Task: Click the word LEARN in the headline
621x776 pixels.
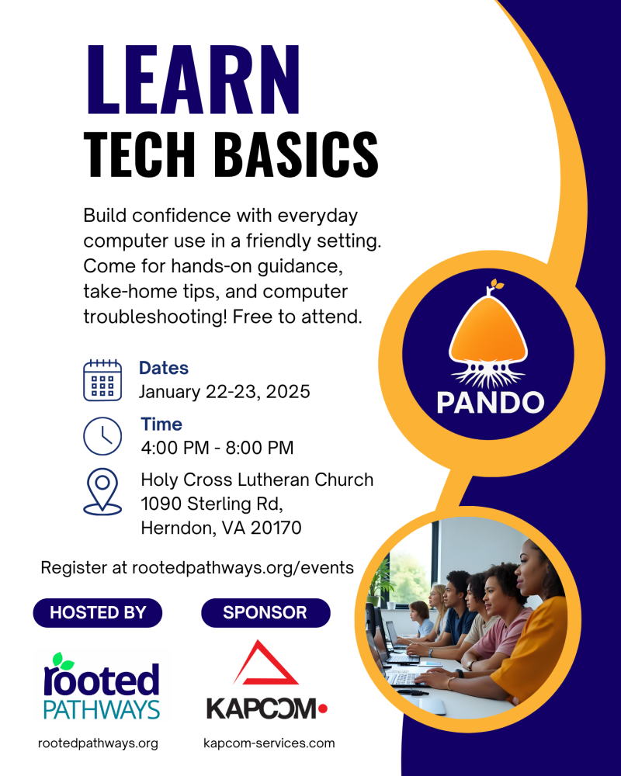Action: click(x=192, y=80)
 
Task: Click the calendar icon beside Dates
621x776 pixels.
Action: click(x=102, y=379)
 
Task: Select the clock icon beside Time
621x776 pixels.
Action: click(x=102, y=436)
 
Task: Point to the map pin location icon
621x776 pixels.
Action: click(x=102, y=490)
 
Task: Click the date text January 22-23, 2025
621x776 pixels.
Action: click(x=224, y=392)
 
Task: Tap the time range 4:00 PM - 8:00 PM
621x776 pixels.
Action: click(x=217, y=448)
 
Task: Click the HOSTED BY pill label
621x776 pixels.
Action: click(x=98, y=612)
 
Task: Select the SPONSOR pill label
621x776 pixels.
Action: click(x=265, y=612)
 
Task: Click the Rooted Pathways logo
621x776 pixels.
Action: click(x=101, y=687)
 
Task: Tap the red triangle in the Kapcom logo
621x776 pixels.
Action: click(x=266, y=663)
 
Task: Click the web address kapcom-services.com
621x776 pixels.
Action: click(x=269, y=743)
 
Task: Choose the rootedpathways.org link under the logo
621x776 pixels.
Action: click(x=98, y=743)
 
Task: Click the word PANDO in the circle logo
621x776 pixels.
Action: click(x=490, y=402)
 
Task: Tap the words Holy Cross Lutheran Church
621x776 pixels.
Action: click(x=257, y=480)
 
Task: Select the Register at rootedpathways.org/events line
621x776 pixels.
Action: click(x=197, y=567)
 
